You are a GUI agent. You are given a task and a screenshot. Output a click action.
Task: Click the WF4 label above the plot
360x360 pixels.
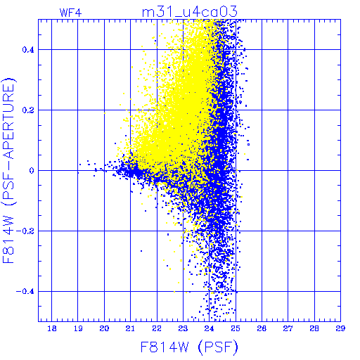tap(70, 13)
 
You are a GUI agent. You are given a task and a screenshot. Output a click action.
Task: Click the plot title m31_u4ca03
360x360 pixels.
tap(190, 12)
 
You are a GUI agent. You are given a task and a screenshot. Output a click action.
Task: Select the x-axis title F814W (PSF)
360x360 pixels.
tap(189, 347)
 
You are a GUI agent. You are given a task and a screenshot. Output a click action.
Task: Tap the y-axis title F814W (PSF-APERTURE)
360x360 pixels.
tap(9, 170)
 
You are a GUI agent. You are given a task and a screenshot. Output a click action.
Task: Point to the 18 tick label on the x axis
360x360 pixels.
tap(52, 328)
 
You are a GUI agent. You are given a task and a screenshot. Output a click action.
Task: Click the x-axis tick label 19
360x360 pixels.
tap(78, 328)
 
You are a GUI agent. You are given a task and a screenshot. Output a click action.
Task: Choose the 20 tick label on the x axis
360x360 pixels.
tap(104, 328)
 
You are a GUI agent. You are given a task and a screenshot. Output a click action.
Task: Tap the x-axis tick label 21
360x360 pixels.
tap(130, 328)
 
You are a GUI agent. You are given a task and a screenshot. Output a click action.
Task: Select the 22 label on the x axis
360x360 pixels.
tap(157, 328)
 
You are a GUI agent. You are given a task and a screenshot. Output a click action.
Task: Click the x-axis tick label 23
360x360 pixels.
tap(183, 328)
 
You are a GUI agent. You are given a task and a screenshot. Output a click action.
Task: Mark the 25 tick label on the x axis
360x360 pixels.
tap(236, 328)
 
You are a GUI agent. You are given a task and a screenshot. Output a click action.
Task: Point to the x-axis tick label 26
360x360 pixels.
tap(262, 328)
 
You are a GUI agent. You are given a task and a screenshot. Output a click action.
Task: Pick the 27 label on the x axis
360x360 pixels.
tap(288, 328)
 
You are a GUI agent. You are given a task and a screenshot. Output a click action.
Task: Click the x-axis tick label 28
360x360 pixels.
tap(314, 328)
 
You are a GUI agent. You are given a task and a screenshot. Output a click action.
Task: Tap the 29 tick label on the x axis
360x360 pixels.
tap(340, 328)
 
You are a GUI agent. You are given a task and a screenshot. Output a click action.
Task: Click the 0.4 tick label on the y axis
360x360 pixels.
tap(28, 50)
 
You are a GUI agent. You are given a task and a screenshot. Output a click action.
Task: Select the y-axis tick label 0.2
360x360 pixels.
tap(28, 110)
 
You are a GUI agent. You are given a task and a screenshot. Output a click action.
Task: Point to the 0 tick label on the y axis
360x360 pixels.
tap(32, 171)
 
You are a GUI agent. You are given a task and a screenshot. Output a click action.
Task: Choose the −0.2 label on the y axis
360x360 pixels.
tap(25, 231)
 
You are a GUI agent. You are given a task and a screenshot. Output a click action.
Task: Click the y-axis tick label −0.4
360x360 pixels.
tap(25, 292)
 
